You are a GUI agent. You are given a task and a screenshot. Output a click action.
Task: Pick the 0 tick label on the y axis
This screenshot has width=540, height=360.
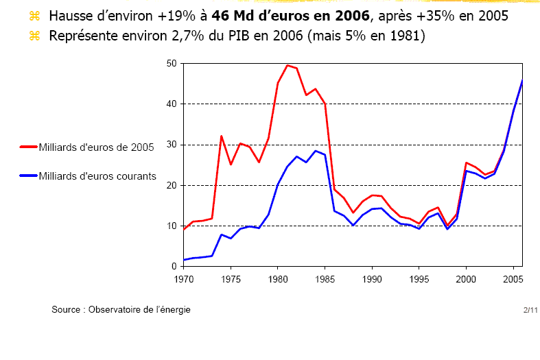coord(174,267)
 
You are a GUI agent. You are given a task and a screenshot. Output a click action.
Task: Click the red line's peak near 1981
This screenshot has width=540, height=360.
coord(287,65)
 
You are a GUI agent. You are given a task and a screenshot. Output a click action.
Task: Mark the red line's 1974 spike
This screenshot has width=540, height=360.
coord(221,136)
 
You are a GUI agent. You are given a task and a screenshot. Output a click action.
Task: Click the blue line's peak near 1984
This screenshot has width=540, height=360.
coord(315,151)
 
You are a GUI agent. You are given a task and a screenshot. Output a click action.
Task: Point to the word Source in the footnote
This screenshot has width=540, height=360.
coord(67,310)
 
